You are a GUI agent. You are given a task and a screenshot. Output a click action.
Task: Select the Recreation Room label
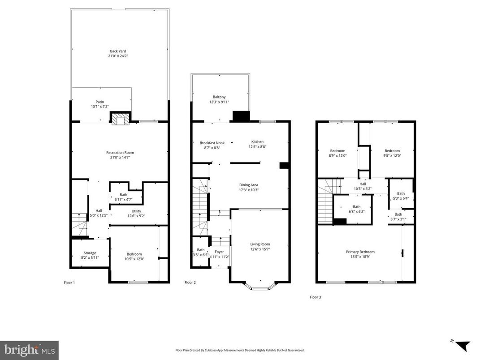(x=120, y=153)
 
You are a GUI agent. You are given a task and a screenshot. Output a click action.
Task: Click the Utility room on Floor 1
(x=136, y=211)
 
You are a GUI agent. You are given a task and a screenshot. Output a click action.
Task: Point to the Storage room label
(x=90, y=253)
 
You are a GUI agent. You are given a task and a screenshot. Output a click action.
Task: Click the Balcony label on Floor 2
(x=219, y=97)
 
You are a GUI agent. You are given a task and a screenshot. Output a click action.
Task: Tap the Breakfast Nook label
(x=212, y=143)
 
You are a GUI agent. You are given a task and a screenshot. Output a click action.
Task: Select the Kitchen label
(x=257, y=141)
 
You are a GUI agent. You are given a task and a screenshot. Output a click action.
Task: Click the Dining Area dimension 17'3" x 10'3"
(x=248, y=190)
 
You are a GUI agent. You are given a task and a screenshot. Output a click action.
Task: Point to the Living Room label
(x=260, y=244)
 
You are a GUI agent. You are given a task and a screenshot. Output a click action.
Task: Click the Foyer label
(x=219, y=252)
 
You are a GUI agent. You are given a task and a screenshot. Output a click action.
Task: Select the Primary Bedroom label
(x=360, y=252)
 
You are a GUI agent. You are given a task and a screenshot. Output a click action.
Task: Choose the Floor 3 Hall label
(x=363, y=183)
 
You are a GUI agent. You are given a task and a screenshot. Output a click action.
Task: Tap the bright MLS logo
(x=29, y=349)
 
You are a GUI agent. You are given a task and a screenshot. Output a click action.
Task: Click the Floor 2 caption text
(x=190, y=283)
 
